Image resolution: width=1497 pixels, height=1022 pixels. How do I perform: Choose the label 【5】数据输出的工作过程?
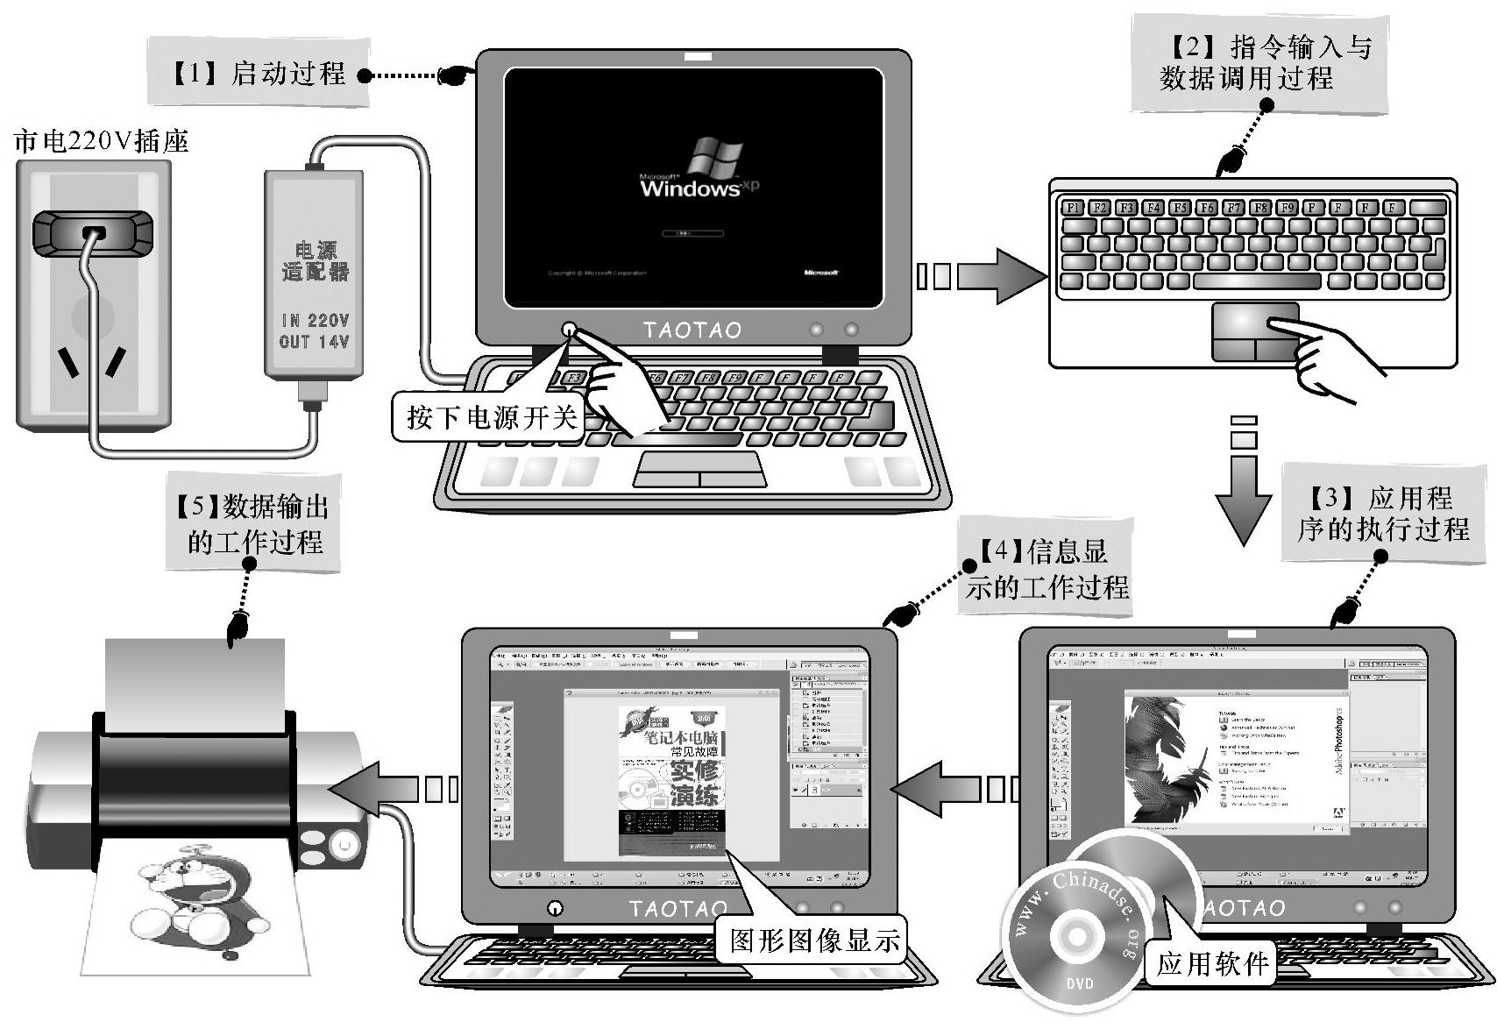pos(253,523)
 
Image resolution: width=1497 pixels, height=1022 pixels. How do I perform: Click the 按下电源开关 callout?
pos(491,416)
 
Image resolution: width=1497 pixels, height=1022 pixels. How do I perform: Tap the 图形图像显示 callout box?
pos(814,940)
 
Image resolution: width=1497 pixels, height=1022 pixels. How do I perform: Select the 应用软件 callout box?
pos(1211,964)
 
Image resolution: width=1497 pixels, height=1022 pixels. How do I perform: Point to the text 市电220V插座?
pos(102,141)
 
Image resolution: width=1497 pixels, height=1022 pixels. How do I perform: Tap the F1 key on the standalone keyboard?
pos(1072,208)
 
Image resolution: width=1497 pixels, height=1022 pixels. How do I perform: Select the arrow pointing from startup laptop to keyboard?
pos(982,275)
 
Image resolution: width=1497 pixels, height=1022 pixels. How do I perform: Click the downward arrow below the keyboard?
pos(1244,486)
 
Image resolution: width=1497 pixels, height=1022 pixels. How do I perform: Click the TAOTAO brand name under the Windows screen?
pos(692,330)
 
